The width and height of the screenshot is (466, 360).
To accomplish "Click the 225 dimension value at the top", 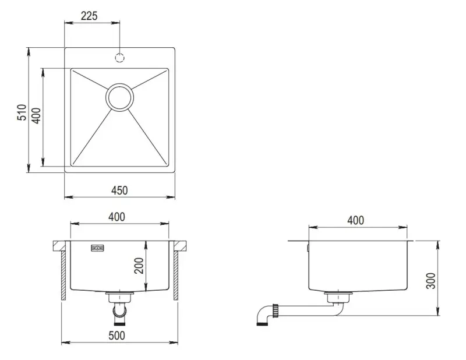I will pos(89,16).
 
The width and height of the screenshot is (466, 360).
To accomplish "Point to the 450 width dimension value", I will pos(119,190).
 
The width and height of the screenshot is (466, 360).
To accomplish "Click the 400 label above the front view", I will pos(116,217).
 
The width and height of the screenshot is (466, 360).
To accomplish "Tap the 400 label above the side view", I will pos(355,220).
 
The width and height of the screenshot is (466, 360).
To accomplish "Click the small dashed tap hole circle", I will pos(119,58).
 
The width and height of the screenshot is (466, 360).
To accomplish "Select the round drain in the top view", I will pos(120,97).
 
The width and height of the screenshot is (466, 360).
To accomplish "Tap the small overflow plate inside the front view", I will pos(97,249).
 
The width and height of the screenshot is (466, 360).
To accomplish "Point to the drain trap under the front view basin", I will pos(120,306).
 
